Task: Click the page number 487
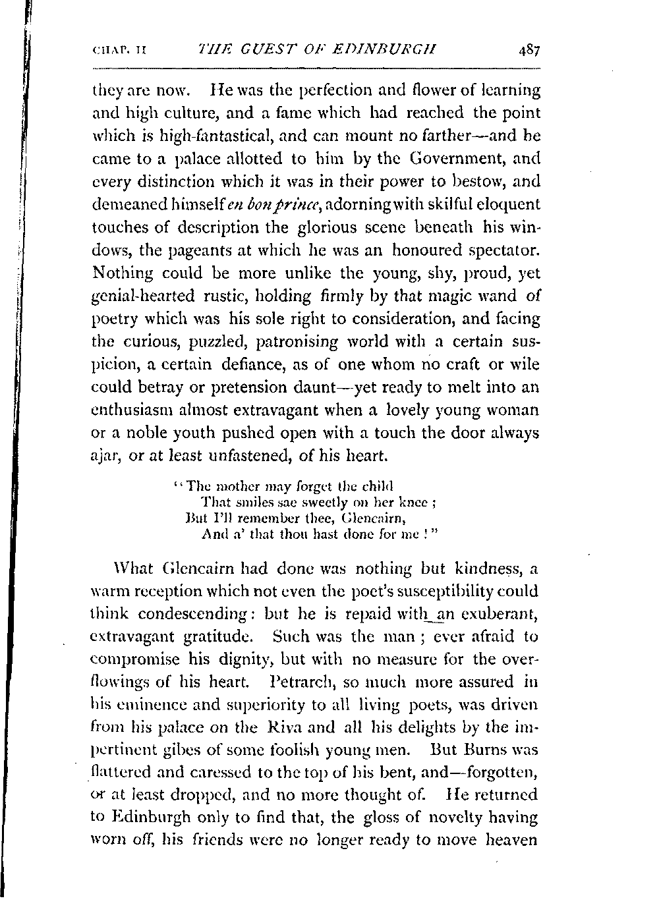tap(529, 49)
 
